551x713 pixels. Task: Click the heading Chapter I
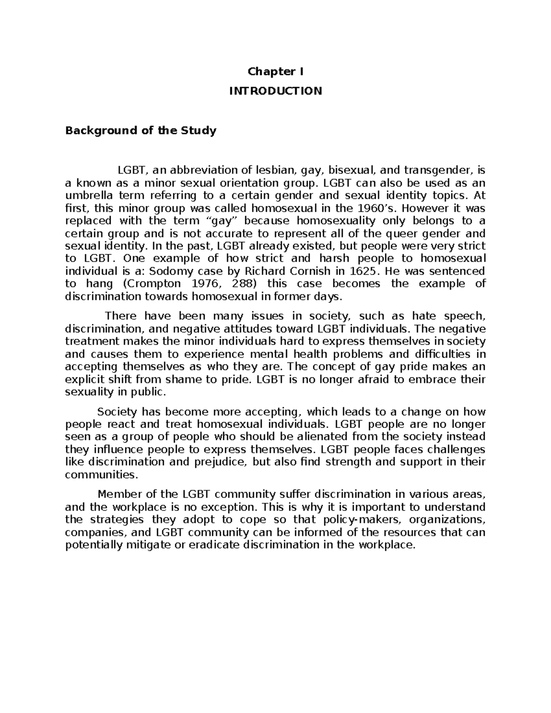(x=275, y=72)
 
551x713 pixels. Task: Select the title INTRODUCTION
(x=275, y=91)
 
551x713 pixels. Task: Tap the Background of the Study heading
(x=141, y=131)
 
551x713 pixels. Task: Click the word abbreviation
(x=200, y=171)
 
